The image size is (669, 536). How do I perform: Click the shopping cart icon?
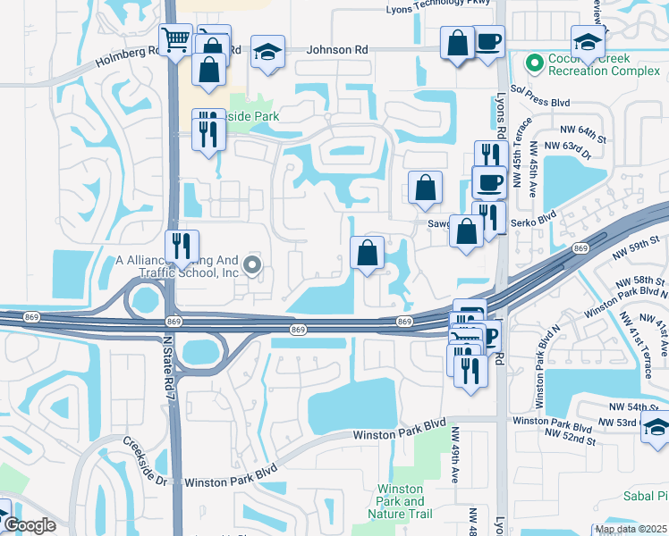[176, 39]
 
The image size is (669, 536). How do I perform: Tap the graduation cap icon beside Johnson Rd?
[267, 51]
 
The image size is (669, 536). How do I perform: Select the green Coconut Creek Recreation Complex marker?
[535, 63]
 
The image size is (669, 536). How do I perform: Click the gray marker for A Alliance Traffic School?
[252, 264]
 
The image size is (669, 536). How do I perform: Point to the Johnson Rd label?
[337, 50]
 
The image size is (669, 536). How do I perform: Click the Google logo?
[30, 525]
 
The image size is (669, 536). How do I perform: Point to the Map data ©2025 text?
[631, 529]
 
